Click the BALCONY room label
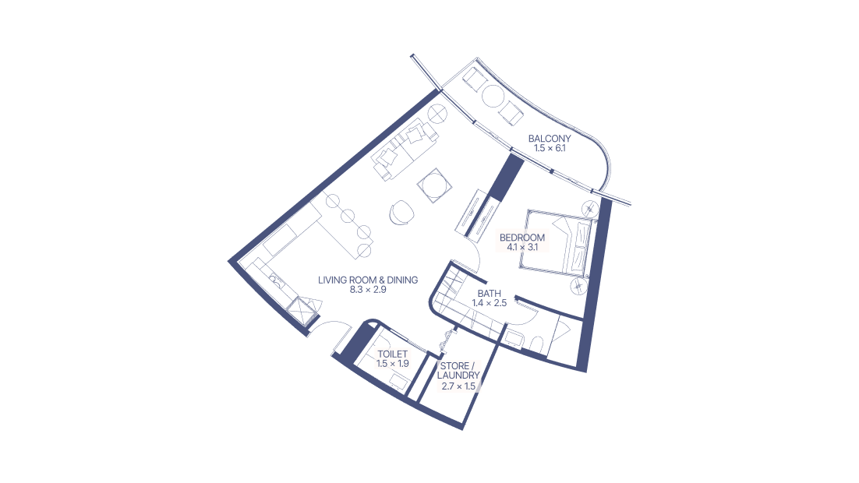[x=549, y=139]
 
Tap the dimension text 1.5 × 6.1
[x=549, y=148]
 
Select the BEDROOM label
[x=523, y=237]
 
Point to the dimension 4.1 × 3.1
[x=523, y=246]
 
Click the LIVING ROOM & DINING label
[x=368, y=280]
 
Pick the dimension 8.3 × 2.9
[x=368, y=289]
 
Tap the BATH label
[x=490, y=294]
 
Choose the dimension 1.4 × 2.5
[x=490, y=303]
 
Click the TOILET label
[x=392, y=354]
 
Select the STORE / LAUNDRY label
[x=458, y=371]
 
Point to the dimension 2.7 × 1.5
[x=458, y=386]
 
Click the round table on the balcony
[x=493, y=96]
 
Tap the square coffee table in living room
[x=433, y=186]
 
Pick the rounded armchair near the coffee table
[x=401, y=211]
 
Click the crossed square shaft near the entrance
[x=299, y=313]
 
